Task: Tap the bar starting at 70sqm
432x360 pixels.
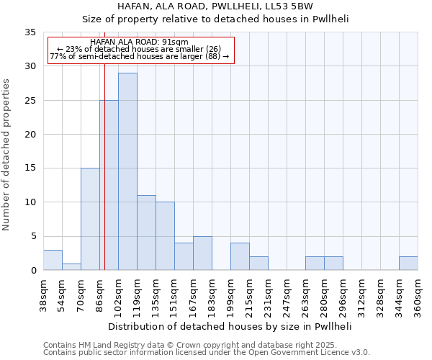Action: click(90, 219)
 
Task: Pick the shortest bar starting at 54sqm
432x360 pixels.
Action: click(71, 266)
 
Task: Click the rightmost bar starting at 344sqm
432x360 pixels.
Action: click(408, 264)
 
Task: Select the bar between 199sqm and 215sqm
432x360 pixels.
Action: click(240, 256)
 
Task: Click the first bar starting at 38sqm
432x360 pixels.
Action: click(53, 260)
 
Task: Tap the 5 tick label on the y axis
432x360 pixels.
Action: click(33, 237)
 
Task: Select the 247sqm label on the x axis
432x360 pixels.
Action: click(287, 297)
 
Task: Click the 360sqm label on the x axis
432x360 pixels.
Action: click(418, 297)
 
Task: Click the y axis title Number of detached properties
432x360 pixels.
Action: click(6, 155)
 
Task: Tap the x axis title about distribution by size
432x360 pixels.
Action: click(230, 326)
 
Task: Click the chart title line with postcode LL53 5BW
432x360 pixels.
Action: click(215, 6)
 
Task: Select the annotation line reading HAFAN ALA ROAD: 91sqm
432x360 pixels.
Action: click(140, 42)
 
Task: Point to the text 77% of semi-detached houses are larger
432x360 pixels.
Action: click(140, 56)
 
